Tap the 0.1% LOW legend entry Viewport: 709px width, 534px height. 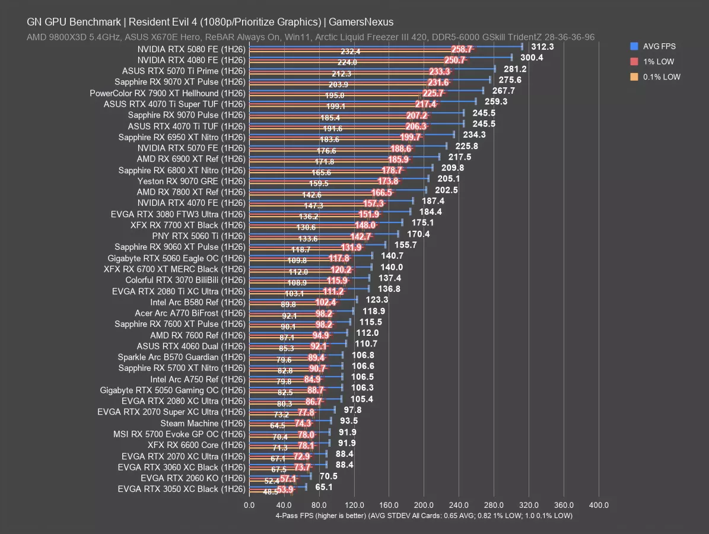click(x=655, y=77)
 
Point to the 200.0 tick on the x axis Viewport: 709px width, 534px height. click(x=424, y=505)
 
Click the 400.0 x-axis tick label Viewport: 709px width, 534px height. click(x=599, y=505)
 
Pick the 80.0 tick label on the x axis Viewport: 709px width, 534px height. click(x=319, y=505)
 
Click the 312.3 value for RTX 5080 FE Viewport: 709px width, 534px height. click(x=542, y=46)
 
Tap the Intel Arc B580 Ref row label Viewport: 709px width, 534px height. click(x=198, y=302)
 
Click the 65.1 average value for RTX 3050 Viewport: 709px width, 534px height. click(x=324, y=487)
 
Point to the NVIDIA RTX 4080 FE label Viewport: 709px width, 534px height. click(x=191, y=60)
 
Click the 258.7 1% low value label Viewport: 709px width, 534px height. click(x=462, y=49)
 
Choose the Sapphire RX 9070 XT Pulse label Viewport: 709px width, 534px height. click(x=180, y=82)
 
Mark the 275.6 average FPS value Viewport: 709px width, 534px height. click(x=510, y=80)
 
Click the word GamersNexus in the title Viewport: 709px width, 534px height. click(x=361, y=22)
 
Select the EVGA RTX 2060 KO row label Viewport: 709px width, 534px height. click(x=193, y=478)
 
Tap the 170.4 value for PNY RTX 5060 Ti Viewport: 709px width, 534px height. click(x=418, y=234)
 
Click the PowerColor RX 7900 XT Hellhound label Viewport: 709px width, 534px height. click(x=167, y=93)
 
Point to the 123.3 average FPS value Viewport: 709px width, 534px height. click(x=377, y=300)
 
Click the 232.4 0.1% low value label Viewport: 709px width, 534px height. click(x=351, y=52)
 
